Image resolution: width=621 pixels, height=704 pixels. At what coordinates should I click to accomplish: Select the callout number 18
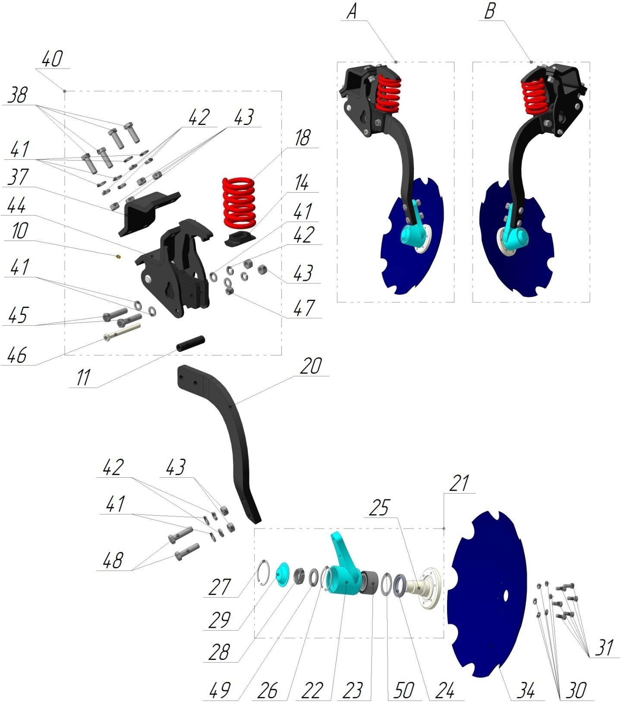point(302,138)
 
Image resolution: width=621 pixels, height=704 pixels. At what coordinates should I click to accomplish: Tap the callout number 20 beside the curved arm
point(311,366)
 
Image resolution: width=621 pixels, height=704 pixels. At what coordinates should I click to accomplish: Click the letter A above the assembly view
point(352,11)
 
